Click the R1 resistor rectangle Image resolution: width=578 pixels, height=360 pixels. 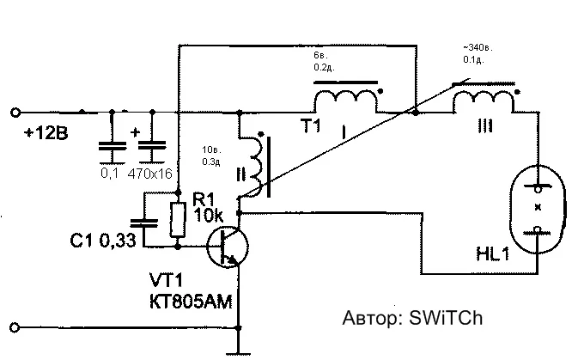tap(177, 220)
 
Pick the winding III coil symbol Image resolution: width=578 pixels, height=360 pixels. tap(485, 101)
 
